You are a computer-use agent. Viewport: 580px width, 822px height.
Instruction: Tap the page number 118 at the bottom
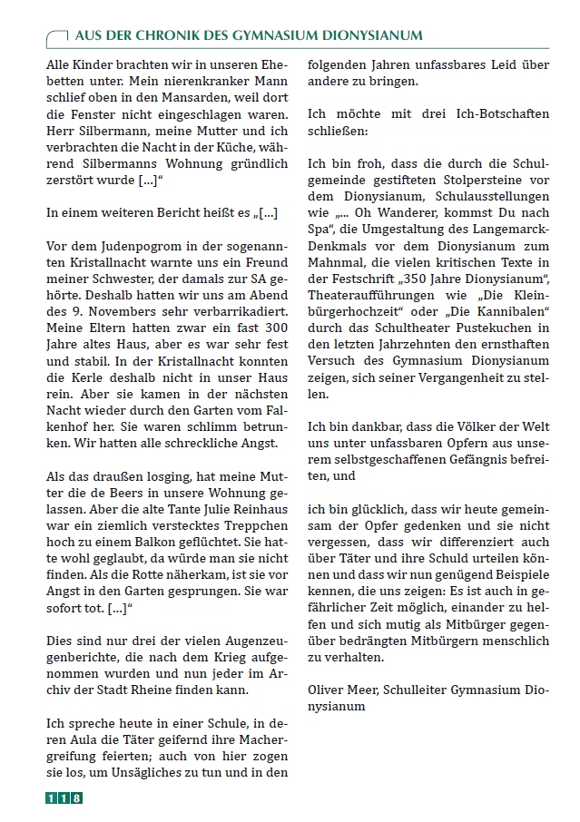pos(64,798)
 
